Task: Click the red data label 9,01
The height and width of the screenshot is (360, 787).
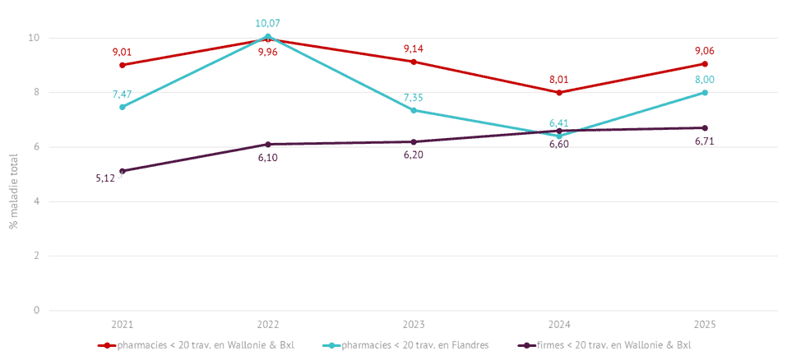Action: [122, 52]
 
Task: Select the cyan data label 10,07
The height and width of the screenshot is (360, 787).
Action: [267, 23]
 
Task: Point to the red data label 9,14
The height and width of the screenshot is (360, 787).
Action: [413, 48]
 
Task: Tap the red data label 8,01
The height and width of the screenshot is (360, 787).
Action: [559, 80]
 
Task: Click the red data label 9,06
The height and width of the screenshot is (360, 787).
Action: [704, 50]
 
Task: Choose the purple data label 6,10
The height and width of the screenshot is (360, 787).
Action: [267, 158]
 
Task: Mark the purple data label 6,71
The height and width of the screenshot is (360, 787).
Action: [704, 141]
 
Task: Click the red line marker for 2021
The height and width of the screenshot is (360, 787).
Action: [122, 65]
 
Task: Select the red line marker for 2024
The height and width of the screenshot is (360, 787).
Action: [559, 93]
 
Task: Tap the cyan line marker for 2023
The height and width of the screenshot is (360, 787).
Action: [413, 110]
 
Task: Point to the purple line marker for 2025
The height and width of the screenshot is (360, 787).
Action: [705, 128]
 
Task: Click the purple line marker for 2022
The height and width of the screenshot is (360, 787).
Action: [267, 145]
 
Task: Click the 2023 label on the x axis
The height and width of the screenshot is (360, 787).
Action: [413, 324]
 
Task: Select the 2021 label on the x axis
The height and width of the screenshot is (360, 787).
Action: [122, 324]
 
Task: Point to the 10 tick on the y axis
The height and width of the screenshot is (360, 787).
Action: [34, 38]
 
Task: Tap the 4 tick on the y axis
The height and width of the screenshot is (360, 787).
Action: [36, 201]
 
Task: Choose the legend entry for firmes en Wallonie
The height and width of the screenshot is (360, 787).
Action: [613, 345]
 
